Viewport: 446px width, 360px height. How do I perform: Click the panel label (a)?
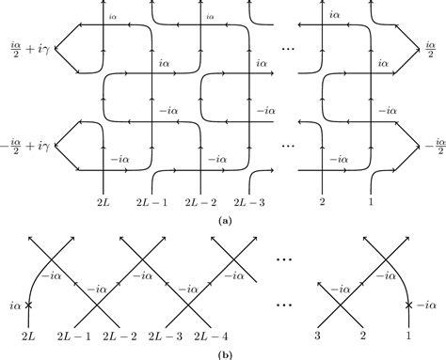coord(224,219)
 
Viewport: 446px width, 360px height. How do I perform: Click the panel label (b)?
coord(224,353)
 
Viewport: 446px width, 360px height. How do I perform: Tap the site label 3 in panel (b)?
coord(326,335)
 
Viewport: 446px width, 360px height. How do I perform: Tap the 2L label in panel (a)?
coord(104,201)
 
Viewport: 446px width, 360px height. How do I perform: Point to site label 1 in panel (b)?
coord(407,335)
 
